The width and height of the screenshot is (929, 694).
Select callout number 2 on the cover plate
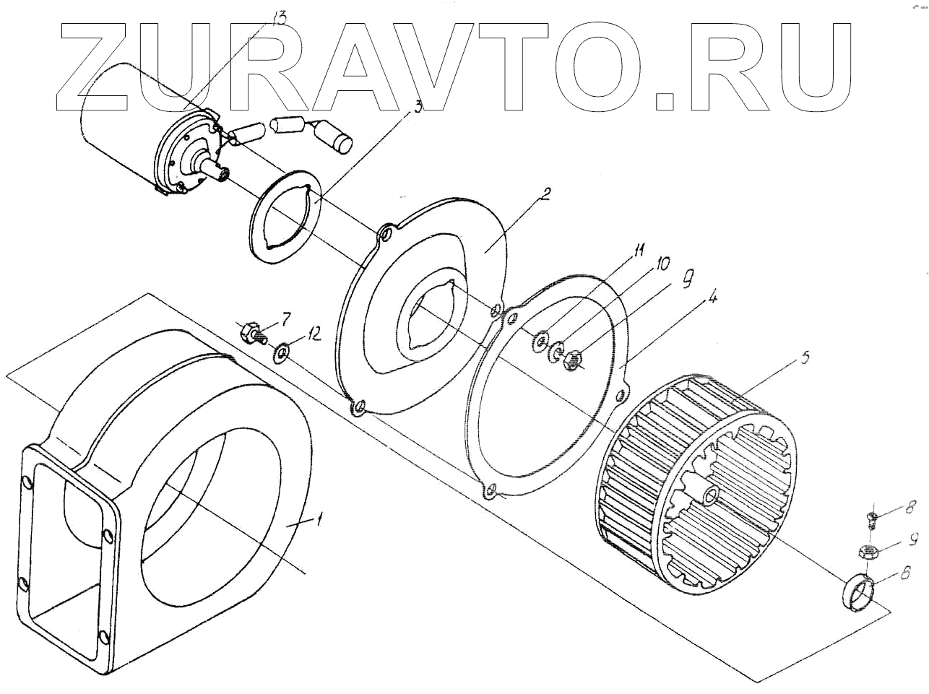[x=546, y=194]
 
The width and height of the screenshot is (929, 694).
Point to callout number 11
[x=636, y=252]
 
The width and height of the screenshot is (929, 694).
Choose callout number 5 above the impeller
[x=805, y=357]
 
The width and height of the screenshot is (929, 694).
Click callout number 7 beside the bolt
[x=286, y=318]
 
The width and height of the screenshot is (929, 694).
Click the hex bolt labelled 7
[x=251, y=334]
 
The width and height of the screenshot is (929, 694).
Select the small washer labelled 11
[x=540, y=340]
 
